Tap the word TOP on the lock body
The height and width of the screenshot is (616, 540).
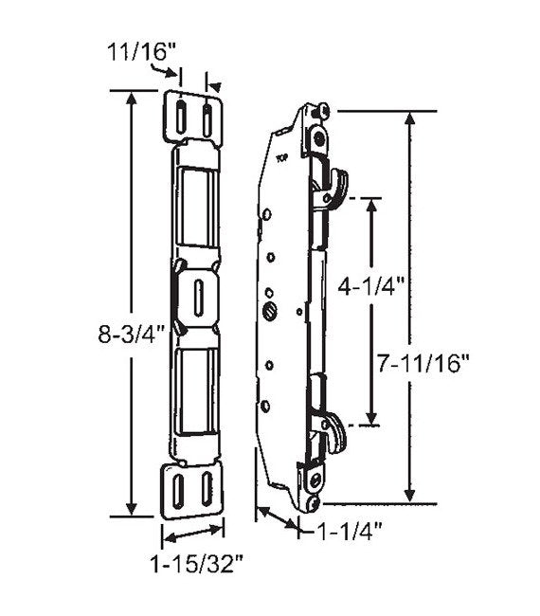click(x=281, y=159)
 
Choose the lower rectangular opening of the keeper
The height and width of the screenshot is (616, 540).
click(x=198, y=389)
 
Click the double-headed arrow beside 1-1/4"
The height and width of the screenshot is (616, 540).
click(x=278, y=518)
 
